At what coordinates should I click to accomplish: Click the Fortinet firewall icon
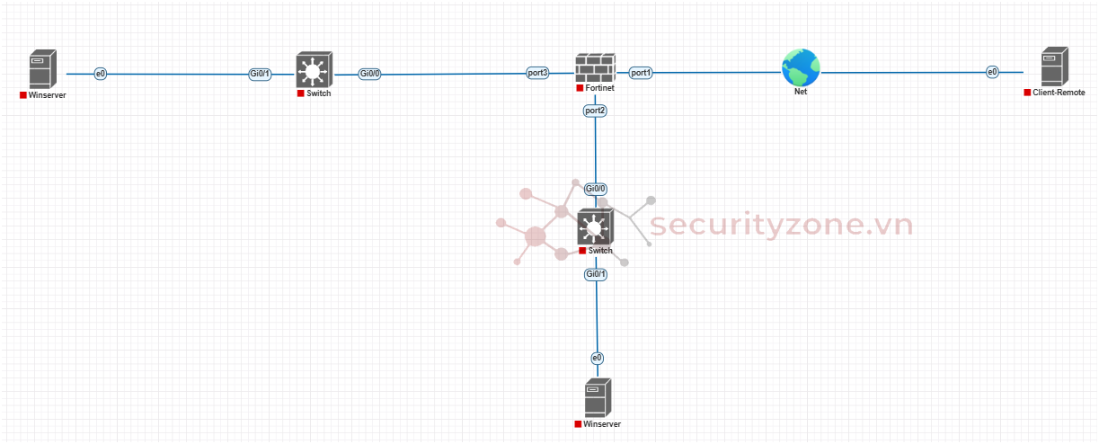(x=594, y=67)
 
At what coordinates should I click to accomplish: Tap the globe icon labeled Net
(x=800, y=67)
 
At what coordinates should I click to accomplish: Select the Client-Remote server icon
(x=1054, y=68)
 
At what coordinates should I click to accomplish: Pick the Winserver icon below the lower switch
(x=598, y=398)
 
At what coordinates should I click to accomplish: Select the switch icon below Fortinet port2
(x=595, y=226)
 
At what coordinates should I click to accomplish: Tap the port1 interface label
(x=641, y=72)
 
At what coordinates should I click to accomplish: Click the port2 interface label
(x=595, y=111)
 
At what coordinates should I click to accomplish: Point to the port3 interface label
(x=537, y=72)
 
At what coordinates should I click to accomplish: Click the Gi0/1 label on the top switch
(x=260, y=73)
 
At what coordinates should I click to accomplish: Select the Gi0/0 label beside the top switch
(x=369, y=74)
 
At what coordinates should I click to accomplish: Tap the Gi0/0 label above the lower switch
(x=596, y=189)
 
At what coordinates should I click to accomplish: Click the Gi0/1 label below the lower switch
(x=596, y=273)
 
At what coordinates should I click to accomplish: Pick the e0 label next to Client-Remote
(x=992, y=72)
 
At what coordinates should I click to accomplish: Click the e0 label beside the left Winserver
(x=101, y=73)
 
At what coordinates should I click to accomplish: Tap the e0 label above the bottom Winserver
(x=597, y=358)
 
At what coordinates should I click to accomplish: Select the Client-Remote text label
(x=1059, y=93)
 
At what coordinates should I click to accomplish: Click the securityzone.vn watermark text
(x=781, y=225)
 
